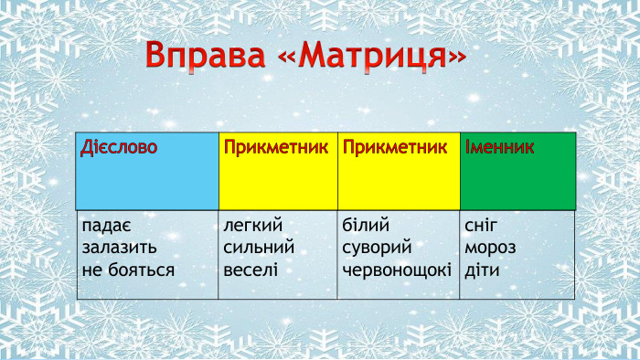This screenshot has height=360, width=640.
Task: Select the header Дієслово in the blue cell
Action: pyautogui.click(x=118, y=147)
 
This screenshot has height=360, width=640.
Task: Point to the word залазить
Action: pyautogui.click(x=119, y=248)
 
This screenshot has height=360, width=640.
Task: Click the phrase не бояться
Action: pyautogui.click(x=127, y=270)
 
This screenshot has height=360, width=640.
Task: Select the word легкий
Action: pyautogui.click(x=252, y=226)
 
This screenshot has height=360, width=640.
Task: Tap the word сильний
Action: pyautogui.click(x=258, y=248)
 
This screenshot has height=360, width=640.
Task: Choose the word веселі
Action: pyautogui.click(x=250, y=270)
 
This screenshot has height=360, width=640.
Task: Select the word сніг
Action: pyautogui.click(x=482, y=226)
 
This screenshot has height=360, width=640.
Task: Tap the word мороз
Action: pyautogui.click(x=490, y=248)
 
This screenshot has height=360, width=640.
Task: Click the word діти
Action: pyautogui.click(x=482, y=270)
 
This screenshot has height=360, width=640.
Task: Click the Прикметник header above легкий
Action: pyautogui.click(x=275, y=147)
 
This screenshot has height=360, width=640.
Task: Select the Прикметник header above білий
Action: pyautogui.click(x=395, y=147)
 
